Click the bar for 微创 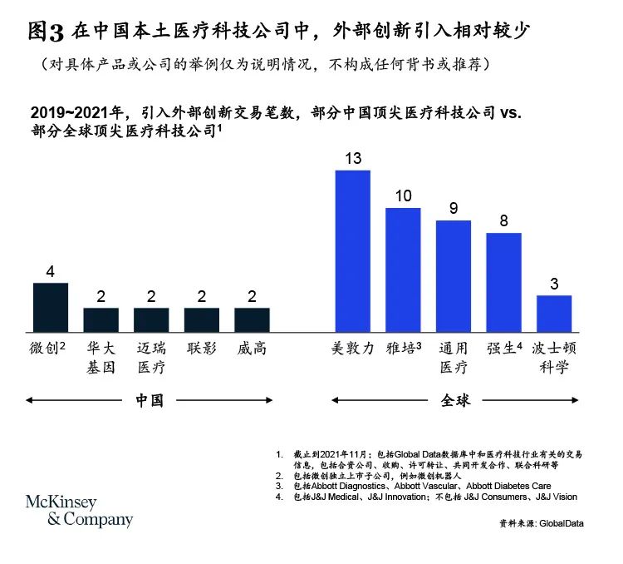50,307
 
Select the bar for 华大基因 101,319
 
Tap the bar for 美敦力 351,250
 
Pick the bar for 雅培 402,270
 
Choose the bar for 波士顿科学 554,313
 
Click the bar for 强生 503,282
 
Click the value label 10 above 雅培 403,195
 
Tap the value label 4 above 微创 50,271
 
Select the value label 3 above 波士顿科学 554,284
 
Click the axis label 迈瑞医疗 150,357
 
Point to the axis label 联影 201,349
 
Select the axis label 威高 252,349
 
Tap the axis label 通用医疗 453,357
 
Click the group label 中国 150,400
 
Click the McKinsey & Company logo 79,511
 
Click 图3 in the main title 47,32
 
